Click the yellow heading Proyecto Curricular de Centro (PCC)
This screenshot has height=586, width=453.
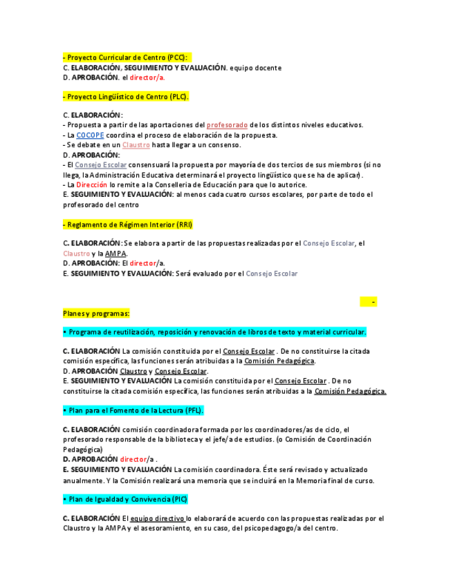126,57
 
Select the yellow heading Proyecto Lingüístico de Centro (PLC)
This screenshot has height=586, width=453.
126,97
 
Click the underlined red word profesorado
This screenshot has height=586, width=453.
227,125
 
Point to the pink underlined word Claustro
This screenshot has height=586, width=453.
136,145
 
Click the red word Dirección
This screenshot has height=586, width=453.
92,185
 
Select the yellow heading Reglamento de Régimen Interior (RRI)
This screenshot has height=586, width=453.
128,225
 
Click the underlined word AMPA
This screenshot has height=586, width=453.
115,254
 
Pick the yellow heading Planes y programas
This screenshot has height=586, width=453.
96,314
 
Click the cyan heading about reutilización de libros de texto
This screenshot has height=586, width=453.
214,332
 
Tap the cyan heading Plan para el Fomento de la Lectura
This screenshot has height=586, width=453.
133,410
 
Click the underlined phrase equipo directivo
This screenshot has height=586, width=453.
157,518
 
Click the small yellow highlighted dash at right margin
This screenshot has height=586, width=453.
374,302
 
